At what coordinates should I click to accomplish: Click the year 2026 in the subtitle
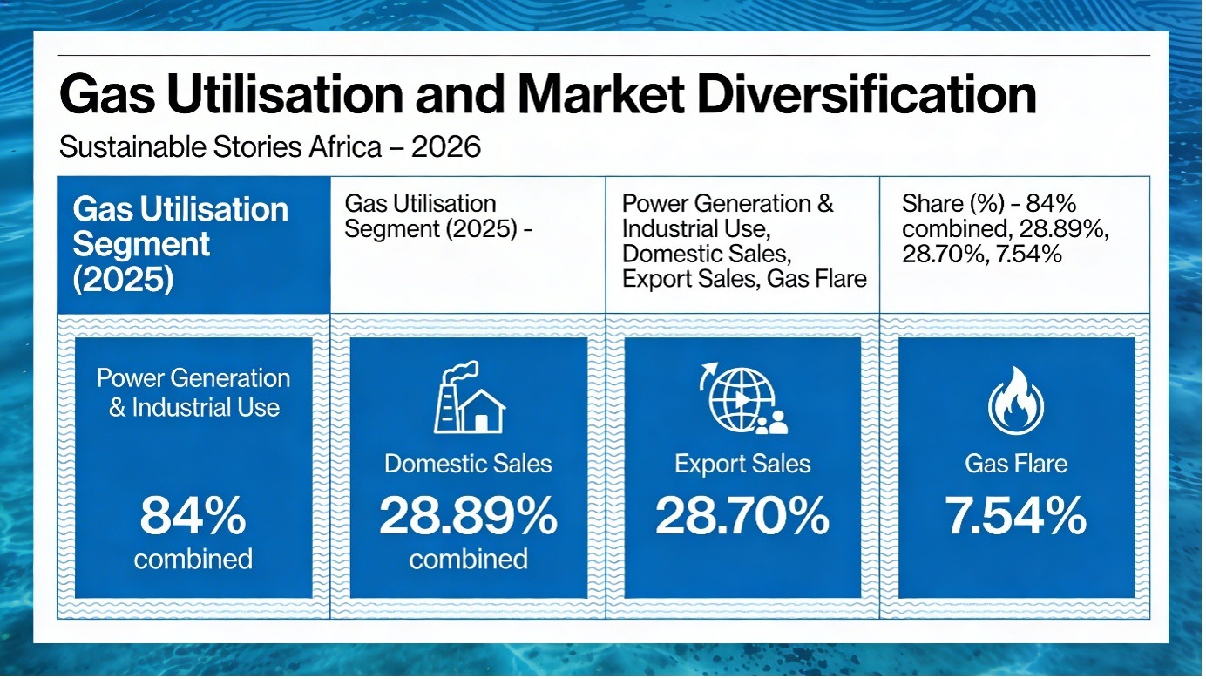[x=445, y=147]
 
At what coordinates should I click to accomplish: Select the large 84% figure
[x=193, y=517]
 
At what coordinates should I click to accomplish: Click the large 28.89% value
[x=468, y=517]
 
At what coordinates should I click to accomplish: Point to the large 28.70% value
[x=742, y=517]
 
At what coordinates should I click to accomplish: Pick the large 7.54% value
[x=1016, y=517]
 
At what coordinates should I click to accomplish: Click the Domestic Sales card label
[x=468, y=464]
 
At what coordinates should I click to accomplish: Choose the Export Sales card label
[x=742, y=464]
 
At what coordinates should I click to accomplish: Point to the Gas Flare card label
[x=1016, y=464]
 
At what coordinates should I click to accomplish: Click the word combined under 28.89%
[x=468, y=558]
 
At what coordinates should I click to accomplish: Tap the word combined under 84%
[x=193, y=558]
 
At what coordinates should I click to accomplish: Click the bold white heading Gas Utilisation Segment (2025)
[x=180, y=245]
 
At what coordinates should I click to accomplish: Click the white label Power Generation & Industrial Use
[x=193, y=392]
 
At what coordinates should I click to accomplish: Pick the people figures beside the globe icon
[x=772, y=424]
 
